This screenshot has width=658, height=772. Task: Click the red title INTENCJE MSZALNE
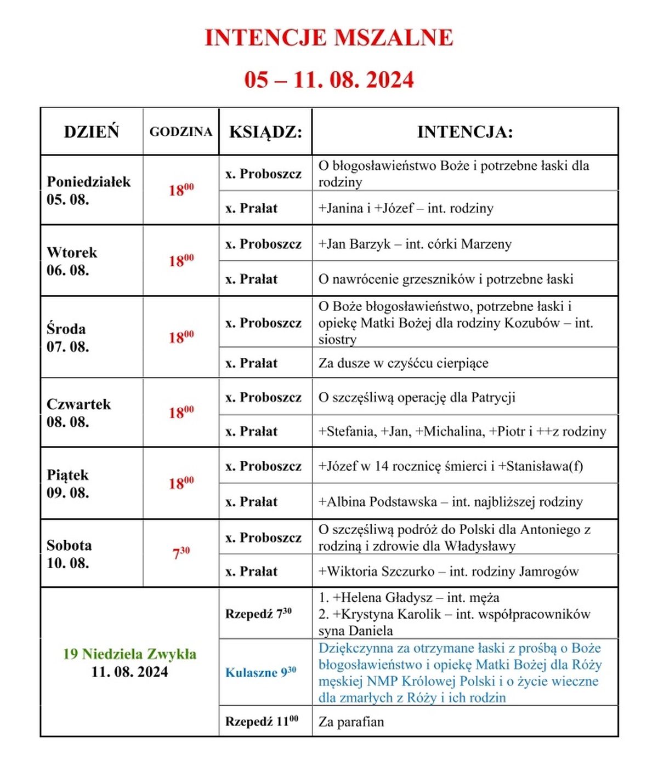tap(329, 38)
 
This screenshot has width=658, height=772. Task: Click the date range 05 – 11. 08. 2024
tap(329, 80)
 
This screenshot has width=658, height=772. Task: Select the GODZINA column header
tap(180, 131)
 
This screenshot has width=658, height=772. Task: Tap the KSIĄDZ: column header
tap(265, 131)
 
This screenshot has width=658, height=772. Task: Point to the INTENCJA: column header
tap(465, 131)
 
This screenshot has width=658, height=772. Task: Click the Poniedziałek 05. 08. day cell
tap(88, 190)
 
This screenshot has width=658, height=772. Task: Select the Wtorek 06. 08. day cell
tap(72, 261)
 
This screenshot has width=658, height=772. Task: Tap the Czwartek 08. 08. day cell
tap(78, 413)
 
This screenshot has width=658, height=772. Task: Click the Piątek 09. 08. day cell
tap(67, 483)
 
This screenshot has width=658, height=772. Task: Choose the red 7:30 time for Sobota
tap(181, 553)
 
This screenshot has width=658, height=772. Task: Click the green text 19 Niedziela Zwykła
tap(130, 654)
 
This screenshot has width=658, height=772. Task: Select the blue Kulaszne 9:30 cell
tap(260, 672)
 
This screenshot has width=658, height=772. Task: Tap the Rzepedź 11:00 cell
tap(262, 721)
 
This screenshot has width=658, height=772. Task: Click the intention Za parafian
tap(351, 722)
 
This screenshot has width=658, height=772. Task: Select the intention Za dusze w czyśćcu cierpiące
tap(403, 363)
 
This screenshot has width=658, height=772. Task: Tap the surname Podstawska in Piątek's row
tap(403, 501)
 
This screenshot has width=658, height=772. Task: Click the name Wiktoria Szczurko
tap(381, 571)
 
